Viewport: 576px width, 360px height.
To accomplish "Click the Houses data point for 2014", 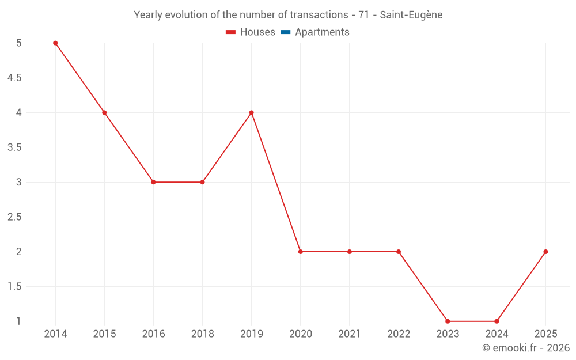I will click(55, 43).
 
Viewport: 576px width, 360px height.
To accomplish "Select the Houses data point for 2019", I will click(252, 112).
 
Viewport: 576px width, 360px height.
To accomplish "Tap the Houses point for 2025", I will click(545, 252).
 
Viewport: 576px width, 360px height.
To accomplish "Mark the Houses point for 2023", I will click(448, 321).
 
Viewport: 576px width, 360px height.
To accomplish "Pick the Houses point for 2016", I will click(153, 182).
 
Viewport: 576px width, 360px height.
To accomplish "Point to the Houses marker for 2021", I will click(350, 252).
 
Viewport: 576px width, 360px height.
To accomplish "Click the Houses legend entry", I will click(251, 32).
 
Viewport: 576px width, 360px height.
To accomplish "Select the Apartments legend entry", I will click(315, 32).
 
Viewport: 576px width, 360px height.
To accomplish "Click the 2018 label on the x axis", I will click(202, 334).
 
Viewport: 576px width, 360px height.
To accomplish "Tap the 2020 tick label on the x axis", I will click(301, 334).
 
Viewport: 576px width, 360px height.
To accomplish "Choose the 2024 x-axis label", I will click(497, 334).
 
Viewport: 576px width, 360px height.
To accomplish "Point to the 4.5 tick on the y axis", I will click(14, 78).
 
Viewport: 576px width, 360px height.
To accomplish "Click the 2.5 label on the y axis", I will click(14, 217).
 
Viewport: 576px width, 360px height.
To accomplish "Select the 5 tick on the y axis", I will click(19, 43).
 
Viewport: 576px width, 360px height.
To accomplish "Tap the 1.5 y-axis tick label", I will click(14, 287).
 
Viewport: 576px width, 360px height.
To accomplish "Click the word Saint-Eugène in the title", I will click(411, 15).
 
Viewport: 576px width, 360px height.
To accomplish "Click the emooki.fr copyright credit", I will click(526, 348).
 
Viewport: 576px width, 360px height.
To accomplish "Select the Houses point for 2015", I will click(104, 112).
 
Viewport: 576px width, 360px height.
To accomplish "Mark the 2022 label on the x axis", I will click(399, 334).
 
